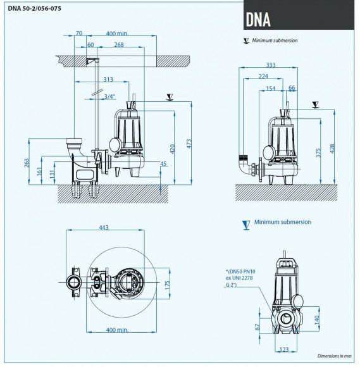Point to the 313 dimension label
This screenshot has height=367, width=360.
click(108, 79)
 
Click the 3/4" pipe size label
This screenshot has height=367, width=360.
click(109, 96)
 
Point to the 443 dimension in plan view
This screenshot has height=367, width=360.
click(103, 228)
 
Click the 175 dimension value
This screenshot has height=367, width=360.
click(168, 285)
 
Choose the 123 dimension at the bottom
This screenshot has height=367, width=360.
click(285, 349)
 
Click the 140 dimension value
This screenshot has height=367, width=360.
click(318, 320)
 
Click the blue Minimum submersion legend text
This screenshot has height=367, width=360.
click(282, 222)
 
